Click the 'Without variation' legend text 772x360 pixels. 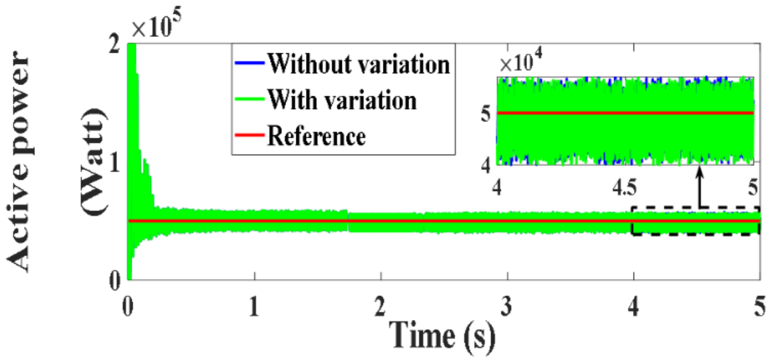pyautogui.click(x=358, y=64)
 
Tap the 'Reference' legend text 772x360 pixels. pyautogui.click(x=316, y=136)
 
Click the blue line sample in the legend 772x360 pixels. pyautogui.click(x=250, y=63)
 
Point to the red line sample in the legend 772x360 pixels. pyautogui.click(x=250, y=135)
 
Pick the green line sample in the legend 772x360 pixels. pyautogui.click(x=250, y=99)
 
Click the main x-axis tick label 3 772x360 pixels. pyautogui.click(x=507, y=306)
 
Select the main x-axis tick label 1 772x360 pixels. pyautogui.click(x=254, y=306)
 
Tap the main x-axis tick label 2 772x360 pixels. pyautogui.click(x=380, y=306)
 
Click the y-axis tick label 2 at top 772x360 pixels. pyautogui.click(x=114, y=45)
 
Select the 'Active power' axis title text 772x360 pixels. pyautogui.click(x=18, y=161)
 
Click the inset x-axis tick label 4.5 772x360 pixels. pyautogui.click(x=625, y=188)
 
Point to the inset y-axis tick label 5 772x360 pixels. pyautogui.click(x=486, y=114)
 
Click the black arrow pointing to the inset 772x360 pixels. pyautogui.click(x=700, y=187)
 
